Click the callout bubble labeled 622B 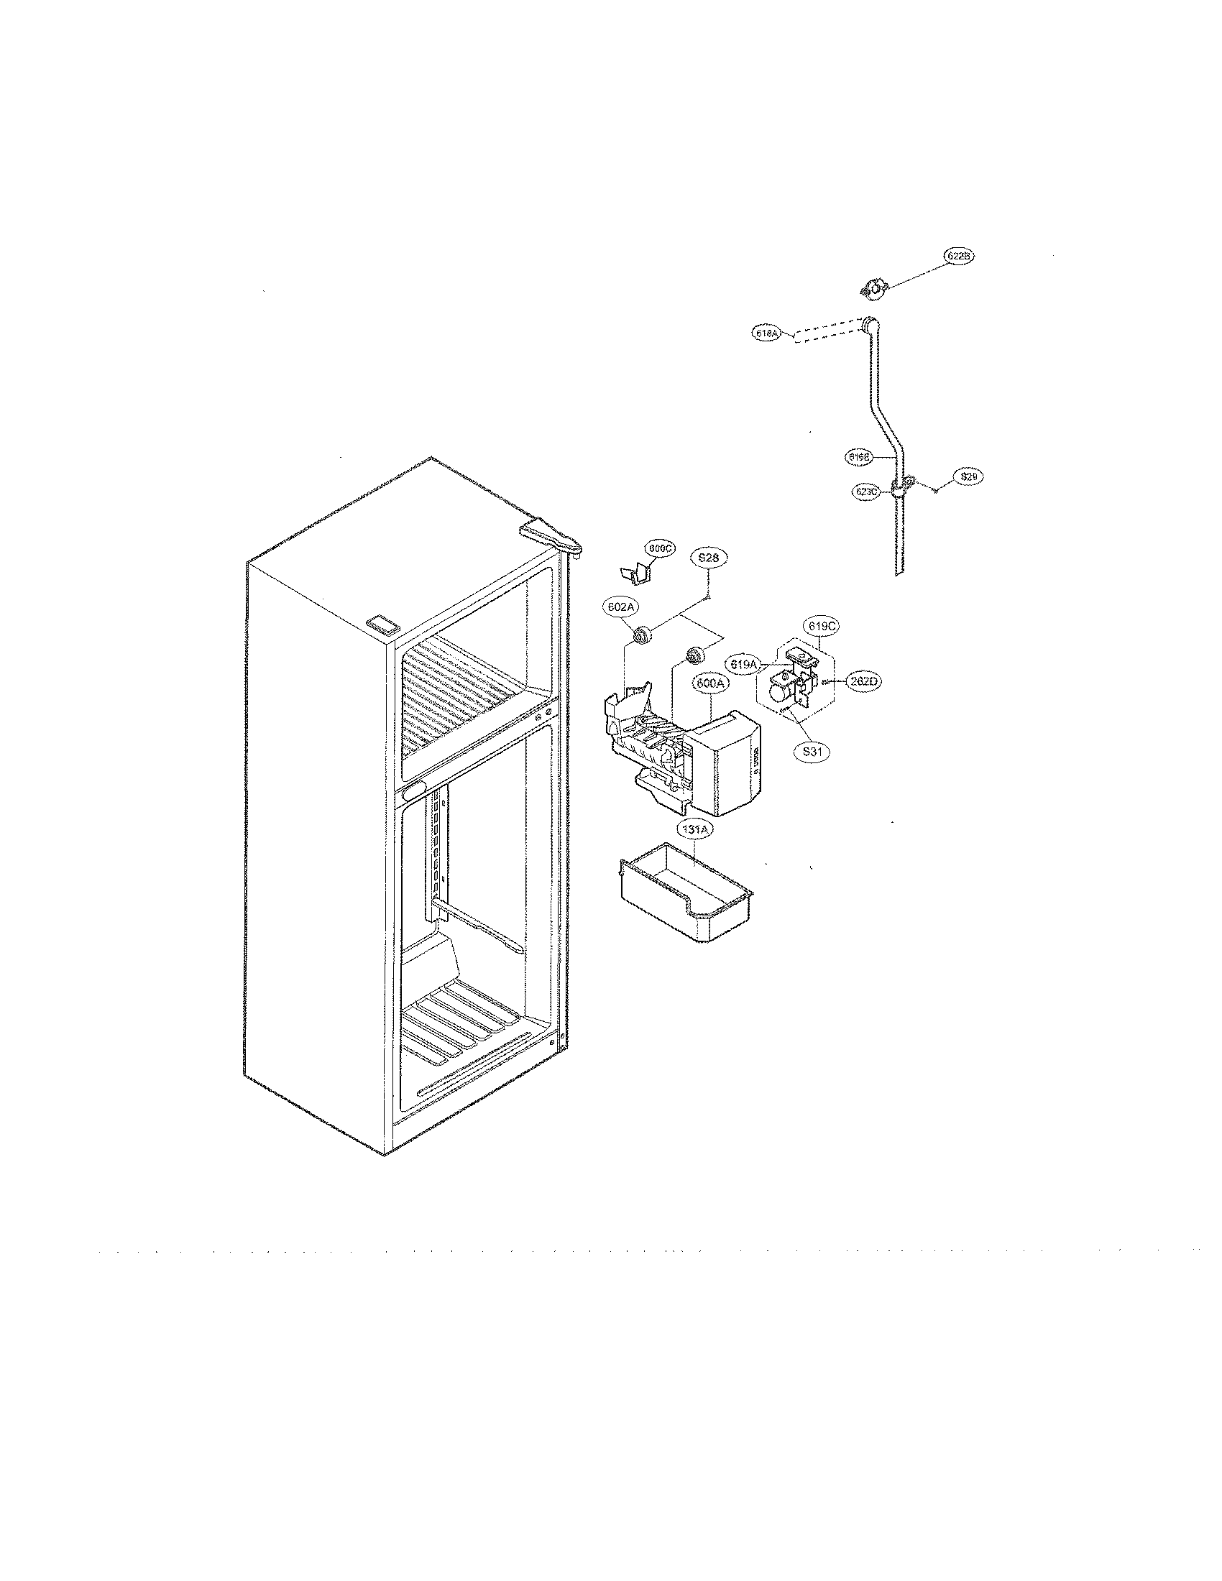pyautogui.click(x=959, y=256)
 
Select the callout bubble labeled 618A pyautogui.click(x=765, y=333)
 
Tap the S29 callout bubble pyautogui.click(x=969, y=476)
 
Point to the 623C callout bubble pyautogui.click(x=866, y=491)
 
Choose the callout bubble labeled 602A pyautogui.click(x=620, y=607)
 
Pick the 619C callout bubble pyautogui.click(x=817, y=624)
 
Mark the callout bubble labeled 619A pyautogui.click(x=743, y=663)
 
